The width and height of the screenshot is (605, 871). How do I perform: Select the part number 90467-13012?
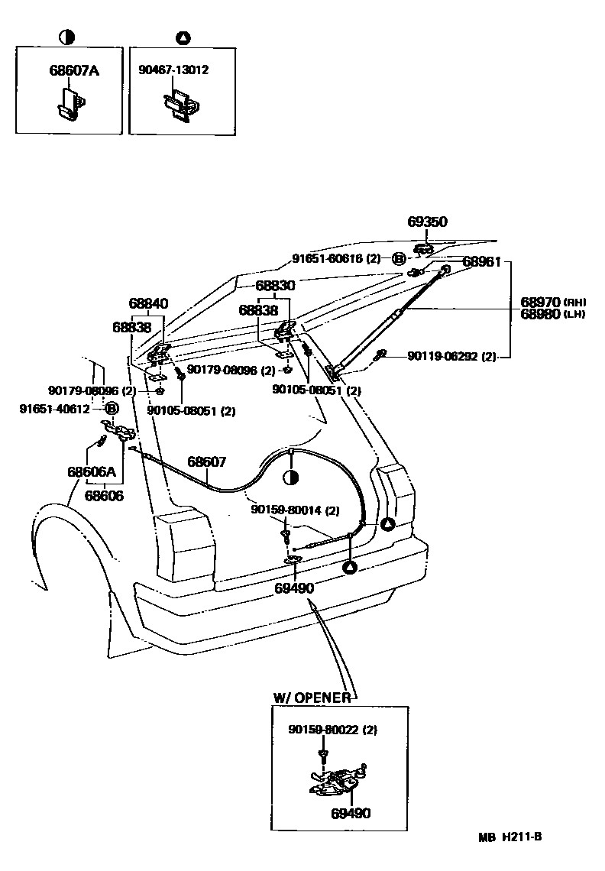pos(173,70)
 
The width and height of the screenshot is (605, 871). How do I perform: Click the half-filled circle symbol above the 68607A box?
pos(66,37)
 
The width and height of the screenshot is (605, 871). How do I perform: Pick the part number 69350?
pos(427,222)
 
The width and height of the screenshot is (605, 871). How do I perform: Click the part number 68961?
pos(482,262)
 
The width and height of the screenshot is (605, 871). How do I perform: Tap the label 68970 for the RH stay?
pos(541,302)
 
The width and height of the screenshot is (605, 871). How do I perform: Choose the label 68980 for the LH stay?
pos(541,314)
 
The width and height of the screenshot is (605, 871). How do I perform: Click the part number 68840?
pos(148,303)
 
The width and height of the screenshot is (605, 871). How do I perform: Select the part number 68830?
pos(275,284)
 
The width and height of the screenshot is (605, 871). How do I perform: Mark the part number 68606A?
pos(91,471)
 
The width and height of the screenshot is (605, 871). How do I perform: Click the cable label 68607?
pos(207,461)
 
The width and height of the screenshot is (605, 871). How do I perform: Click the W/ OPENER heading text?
pos(312,698)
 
